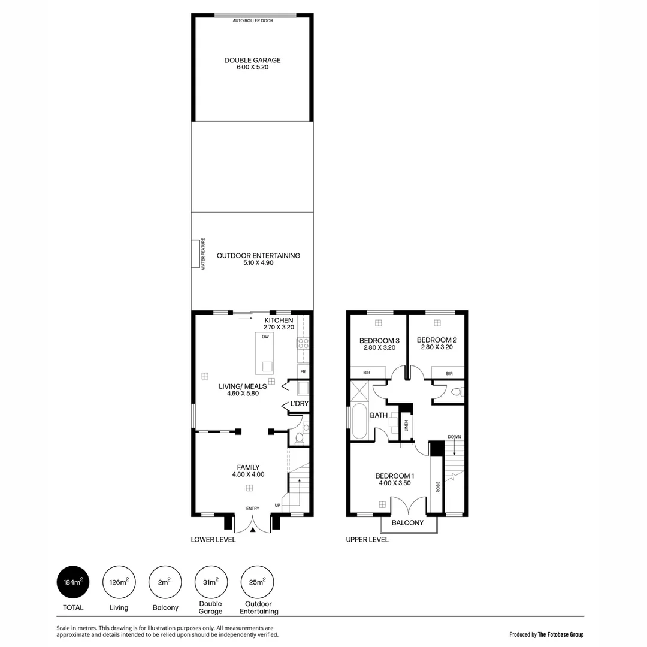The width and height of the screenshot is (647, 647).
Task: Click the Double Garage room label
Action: point(252,60)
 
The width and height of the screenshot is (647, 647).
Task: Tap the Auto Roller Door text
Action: point(253,20)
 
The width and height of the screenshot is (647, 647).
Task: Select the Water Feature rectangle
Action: point(196,254)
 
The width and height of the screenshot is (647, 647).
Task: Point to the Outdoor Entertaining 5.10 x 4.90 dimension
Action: point(258,263)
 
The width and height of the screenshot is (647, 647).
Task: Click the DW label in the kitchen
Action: point(265,337)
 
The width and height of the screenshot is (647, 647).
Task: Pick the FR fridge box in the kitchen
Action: point(303,371)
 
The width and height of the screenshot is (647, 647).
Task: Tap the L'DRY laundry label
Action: point(299,404)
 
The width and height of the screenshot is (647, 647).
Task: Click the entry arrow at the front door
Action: point(253,530)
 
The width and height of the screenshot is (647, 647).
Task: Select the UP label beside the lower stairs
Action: point(277,506)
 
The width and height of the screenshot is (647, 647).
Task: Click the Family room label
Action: point(248,467)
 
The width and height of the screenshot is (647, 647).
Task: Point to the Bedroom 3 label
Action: point(379,340)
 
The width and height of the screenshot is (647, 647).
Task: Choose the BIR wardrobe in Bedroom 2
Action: point(449,373)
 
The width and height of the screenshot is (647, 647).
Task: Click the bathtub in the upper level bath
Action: point(359,421)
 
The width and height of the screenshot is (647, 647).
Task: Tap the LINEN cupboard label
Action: point(406,426)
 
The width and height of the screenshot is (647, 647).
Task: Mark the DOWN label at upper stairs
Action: point(454,437)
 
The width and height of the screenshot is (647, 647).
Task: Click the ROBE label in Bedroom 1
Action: point(438,486)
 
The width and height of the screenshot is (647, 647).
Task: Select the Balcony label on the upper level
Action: point(407,523)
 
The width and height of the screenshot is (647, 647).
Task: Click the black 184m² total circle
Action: point(73,582)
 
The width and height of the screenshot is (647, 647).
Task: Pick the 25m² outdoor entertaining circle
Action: point(258,582)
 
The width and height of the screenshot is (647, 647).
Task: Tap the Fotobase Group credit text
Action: point(546,634)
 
